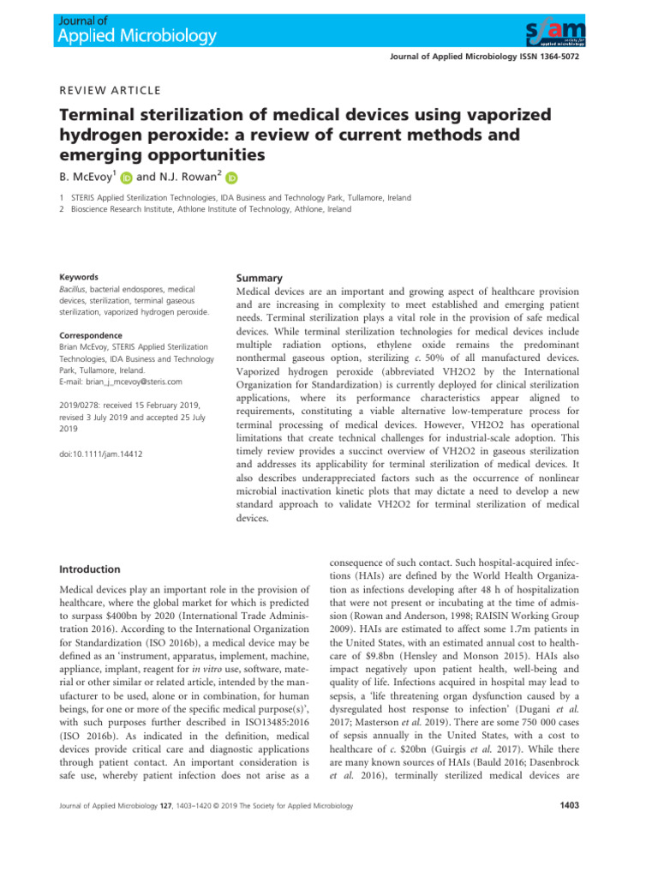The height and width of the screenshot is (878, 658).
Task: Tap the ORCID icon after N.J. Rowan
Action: (x=230, y=179)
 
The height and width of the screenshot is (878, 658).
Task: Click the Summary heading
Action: (x=260, y=278)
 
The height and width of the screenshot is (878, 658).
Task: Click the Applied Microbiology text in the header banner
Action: (x=137, y=36)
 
